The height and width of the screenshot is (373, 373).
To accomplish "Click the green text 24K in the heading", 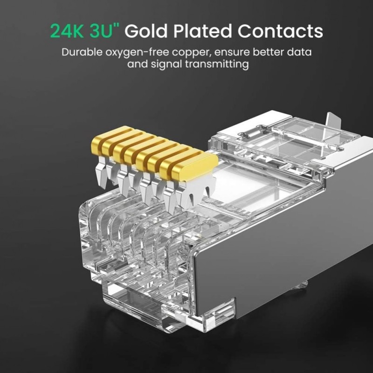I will pyautogui.click(x=68, y=31).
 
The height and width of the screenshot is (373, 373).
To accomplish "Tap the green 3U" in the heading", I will pyautogui.click(x=104, y=31).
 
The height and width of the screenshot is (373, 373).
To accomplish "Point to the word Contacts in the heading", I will pyautogui.click(x=280, y=31).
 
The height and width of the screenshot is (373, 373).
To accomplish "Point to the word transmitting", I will pyautogui.click(x=218, y=64).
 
